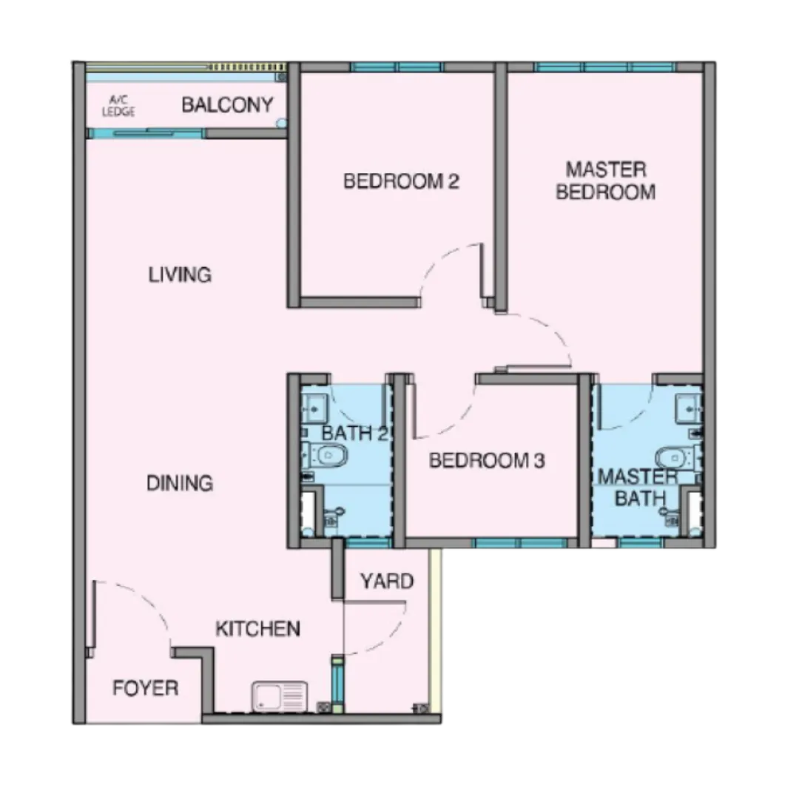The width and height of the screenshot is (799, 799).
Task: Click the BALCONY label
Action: (x=227, y=105)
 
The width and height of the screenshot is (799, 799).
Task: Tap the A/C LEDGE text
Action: (x=118, y=106)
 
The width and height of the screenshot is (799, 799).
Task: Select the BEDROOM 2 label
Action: (x=402, y=181)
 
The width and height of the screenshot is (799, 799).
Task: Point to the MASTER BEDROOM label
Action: (x=606, y=181)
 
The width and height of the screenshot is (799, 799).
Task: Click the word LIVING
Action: (x=180, y=274)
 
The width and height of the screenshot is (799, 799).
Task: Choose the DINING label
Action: (x=179, y=483)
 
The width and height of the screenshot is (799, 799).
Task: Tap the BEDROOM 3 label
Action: (x=487, y=461)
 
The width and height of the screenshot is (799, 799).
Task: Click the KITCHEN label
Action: (x=258, y=629)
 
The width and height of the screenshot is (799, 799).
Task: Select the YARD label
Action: (x=387, y=581)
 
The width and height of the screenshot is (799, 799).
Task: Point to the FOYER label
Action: (x=145, y=688)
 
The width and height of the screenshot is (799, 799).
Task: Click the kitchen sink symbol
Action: (x=280, y=696)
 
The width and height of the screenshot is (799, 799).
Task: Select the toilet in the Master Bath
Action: (x=678, y=457)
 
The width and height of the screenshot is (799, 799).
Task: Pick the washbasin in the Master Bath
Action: (x=689, y=408)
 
